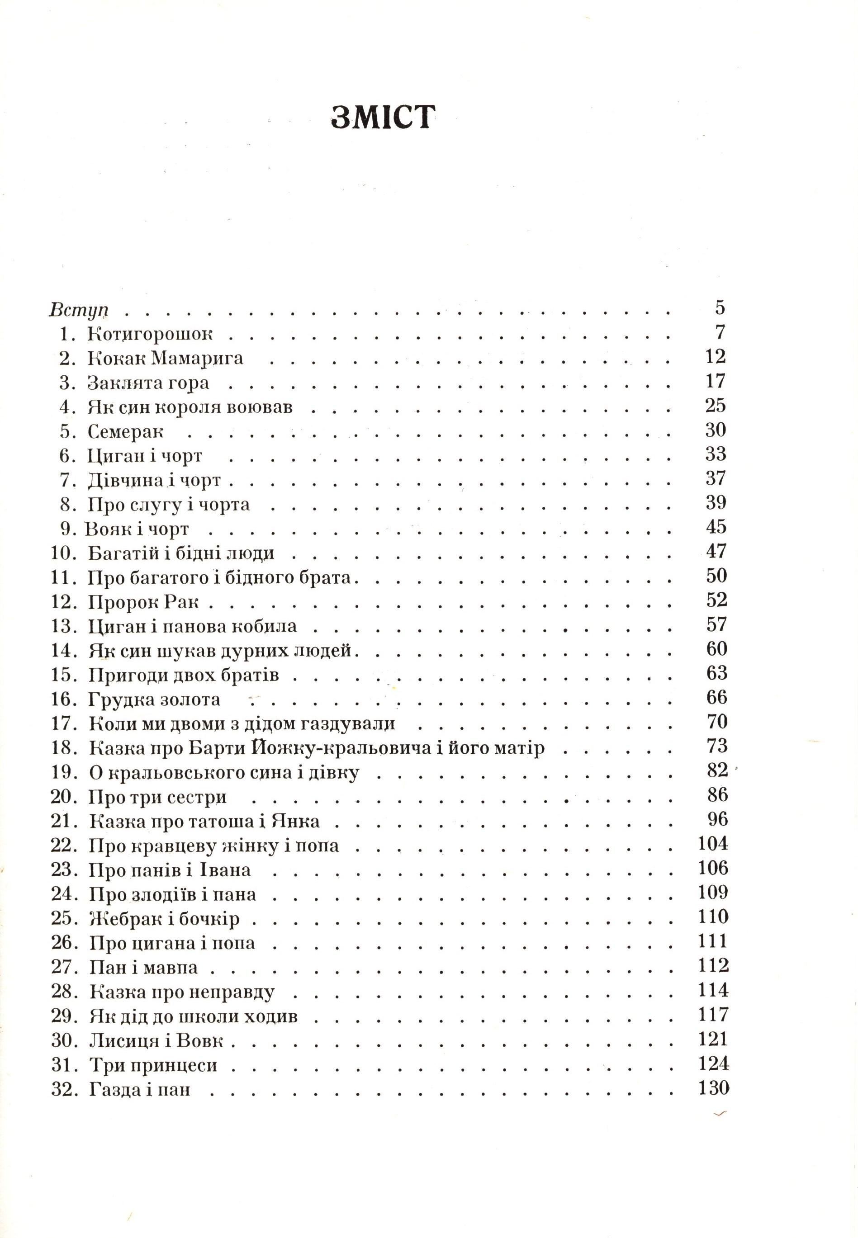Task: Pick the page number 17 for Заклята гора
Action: tap(716, 381)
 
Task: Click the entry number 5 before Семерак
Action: tap(65, 431)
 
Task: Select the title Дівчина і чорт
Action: tap(154, 480)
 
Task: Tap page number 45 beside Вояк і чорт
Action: tap(716, 527)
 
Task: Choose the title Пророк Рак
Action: tap(143, 602)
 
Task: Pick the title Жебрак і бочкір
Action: tap(164, 918)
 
